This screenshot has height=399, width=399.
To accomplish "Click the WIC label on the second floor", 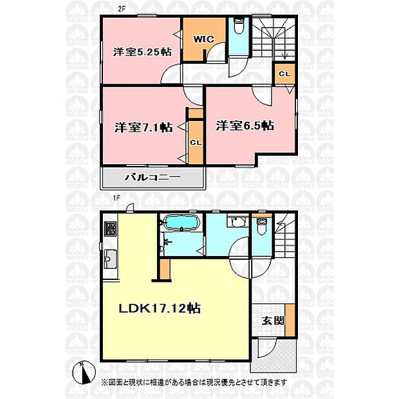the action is coord(203,39).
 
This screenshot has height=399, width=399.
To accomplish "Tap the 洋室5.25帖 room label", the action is coord(142,52).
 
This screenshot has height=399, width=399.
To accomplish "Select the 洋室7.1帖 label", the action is coord(144,127).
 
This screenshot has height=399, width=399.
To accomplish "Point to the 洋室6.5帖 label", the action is coord(245,125).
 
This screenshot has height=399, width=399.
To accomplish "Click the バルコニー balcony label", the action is coord(153,177).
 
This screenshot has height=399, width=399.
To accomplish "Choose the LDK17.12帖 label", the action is coord(160,308).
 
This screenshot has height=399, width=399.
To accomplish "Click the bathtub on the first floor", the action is coord(181,223).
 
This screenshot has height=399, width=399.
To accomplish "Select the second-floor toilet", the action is coord(238,26).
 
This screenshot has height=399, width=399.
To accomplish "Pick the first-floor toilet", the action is coord(262,227).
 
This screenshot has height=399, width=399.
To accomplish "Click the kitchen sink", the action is coord(111,259).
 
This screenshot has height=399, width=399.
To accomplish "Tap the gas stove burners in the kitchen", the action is coord(111,228).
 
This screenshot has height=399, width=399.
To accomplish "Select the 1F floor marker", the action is coord(116,198).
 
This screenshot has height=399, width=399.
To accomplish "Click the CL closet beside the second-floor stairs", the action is coord(284,74).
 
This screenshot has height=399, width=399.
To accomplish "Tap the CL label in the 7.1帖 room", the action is coord(196,143).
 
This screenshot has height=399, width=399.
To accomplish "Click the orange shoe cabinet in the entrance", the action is coord(290,320).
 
